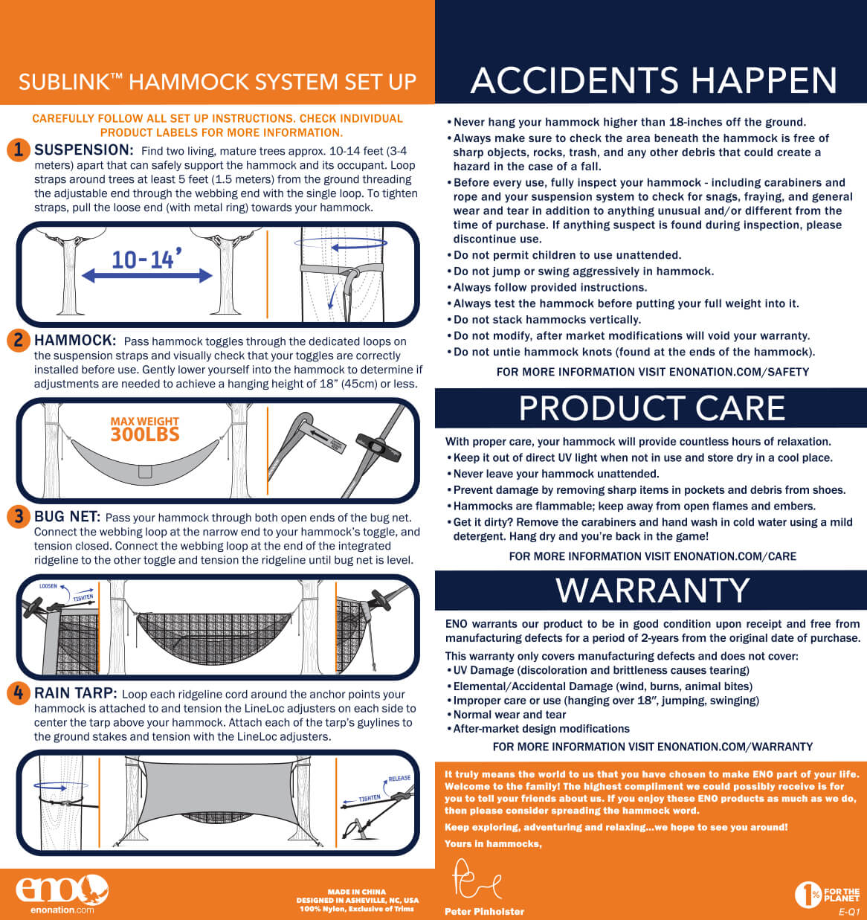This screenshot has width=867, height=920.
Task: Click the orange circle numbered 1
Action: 19,150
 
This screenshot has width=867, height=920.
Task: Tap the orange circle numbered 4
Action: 19,693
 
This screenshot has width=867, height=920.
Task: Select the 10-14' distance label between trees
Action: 146,259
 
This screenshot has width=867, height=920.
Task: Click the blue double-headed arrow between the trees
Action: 146,276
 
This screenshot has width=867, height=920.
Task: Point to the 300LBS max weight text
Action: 145,434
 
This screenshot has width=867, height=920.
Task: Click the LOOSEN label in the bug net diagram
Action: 48,587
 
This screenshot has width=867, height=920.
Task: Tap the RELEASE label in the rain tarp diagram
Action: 399,778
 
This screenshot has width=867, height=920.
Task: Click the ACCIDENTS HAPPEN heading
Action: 654,80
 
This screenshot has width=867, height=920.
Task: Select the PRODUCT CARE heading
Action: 651,408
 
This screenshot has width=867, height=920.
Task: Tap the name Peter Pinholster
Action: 484,911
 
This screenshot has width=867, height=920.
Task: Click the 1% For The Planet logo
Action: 827,894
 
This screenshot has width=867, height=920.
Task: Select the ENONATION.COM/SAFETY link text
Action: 738,372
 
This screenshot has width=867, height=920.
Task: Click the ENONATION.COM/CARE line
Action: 653,556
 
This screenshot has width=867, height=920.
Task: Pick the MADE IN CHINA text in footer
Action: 357,892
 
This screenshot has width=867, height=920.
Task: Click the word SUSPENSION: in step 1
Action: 84,149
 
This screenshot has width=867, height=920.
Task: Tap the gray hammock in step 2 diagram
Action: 145,462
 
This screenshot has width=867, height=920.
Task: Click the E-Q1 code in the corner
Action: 849,912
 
